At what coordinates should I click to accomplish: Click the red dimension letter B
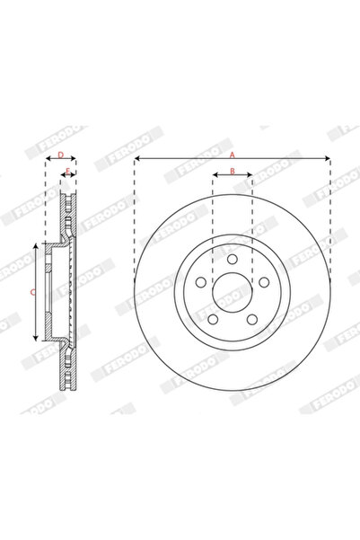[232, 170]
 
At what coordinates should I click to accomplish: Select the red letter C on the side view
[32, 292]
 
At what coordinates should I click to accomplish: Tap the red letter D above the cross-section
[60, 155]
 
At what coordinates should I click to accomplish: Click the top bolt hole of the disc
[232, 259]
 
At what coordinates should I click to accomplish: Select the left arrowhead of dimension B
[215, 174]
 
